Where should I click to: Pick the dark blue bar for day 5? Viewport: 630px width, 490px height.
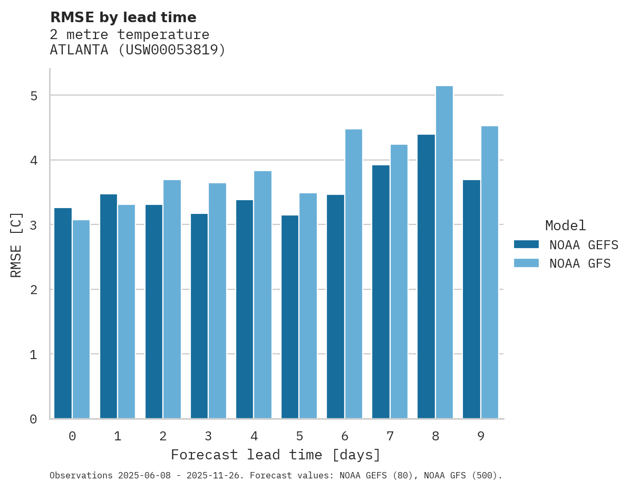(290, 317)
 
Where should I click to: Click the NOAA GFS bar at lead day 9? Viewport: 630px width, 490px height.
(490, 272)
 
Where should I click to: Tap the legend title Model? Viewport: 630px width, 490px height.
(565, 225)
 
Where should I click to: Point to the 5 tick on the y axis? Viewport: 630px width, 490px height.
(34, 96)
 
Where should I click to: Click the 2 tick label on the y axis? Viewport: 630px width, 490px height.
(34, 290)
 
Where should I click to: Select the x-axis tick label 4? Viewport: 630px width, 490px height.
(254, 436)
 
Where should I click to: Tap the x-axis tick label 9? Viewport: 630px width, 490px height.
(481, 436)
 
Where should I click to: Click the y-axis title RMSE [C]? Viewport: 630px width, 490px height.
(17, 244)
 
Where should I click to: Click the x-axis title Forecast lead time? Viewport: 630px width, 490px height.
(275, 455)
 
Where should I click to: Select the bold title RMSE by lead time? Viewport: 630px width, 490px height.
(123, 17)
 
